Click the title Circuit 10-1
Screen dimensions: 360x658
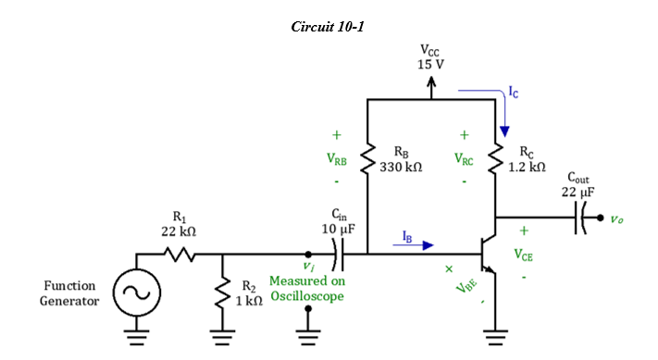click(328, 27)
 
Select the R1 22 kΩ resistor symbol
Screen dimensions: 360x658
click(178, 253)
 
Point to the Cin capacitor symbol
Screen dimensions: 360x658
click(339, 253)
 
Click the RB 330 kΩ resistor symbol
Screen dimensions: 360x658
click(368, 158)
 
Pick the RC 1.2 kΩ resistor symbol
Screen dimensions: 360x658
click(499, 158)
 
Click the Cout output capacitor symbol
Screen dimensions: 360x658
click(584, 219)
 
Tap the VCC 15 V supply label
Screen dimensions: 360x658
click(430, 57)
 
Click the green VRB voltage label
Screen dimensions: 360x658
click(337, 160)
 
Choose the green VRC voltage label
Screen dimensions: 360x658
click(464, 160)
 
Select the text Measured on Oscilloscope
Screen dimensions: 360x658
click(306, 288)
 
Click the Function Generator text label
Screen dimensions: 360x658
click(69, 292)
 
